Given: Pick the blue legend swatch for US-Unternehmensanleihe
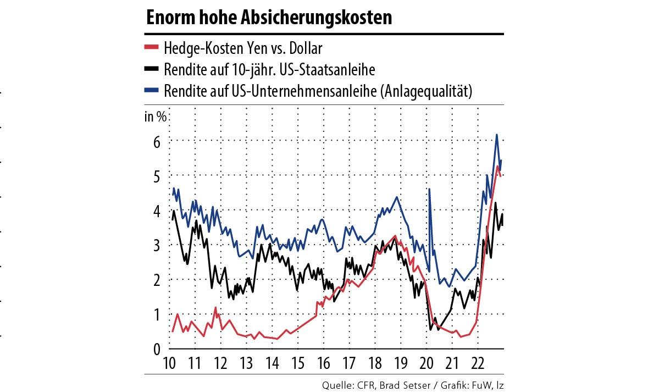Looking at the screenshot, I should point(151,91).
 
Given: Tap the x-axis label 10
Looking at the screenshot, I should point(170,363).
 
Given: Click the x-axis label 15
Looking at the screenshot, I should point(297,363).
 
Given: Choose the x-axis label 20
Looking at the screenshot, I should point(426,363).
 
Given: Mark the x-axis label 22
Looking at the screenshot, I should point(477,363).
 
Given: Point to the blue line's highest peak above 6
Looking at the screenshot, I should point(496,135).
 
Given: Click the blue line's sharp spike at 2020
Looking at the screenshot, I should point(429,189).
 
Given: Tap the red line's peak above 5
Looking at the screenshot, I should point(497,166).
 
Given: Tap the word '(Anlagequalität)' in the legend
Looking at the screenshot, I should point(425,91).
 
